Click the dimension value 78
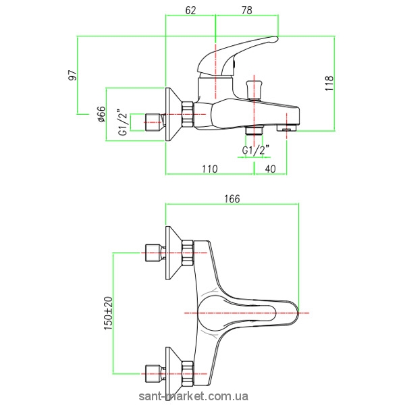point(246,9)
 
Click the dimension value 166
point(232,198)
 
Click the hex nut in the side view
point(187,114)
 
